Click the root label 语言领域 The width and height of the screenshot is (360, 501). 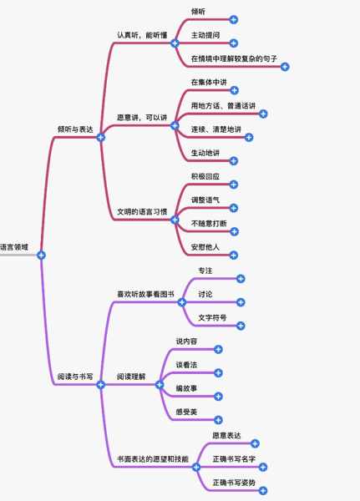click(x=14, y=247)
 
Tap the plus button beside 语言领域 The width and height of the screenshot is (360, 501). click(x=41, y=255)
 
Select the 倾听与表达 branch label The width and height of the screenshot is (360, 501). click(x=75, y=129)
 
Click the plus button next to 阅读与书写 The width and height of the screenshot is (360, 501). click(x=101, y=385)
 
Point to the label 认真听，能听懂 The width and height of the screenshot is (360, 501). click(x=142, y=35)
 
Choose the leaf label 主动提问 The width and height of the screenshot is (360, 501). click(x=205, y=35)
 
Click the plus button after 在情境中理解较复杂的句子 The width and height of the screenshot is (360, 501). click(x=285, y=67)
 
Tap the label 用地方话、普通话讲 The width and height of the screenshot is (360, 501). click(x=223, y=106)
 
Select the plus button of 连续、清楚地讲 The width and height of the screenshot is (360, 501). click(x=249, y=138)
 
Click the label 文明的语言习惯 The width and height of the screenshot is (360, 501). click(x=142, y=211)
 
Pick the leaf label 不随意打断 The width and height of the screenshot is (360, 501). click(x=209, y=223)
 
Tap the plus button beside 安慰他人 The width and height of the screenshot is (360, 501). click(x=234, y=255)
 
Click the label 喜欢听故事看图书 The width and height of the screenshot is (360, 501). click(x=145, y=294)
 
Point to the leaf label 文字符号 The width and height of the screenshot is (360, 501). click(x=212, y=317)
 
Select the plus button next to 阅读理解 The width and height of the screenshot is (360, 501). click(x=160, y=385)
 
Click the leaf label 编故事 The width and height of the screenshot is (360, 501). click(x=186, y=388)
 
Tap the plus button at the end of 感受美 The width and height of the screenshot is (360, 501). click(x=218, y=420)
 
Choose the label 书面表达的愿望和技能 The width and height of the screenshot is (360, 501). click(x=153, y=458)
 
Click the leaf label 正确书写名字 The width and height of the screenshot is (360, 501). click(x=234, y=458)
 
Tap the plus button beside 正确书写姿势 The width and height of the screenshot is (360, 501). click(x=263, y=490)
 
